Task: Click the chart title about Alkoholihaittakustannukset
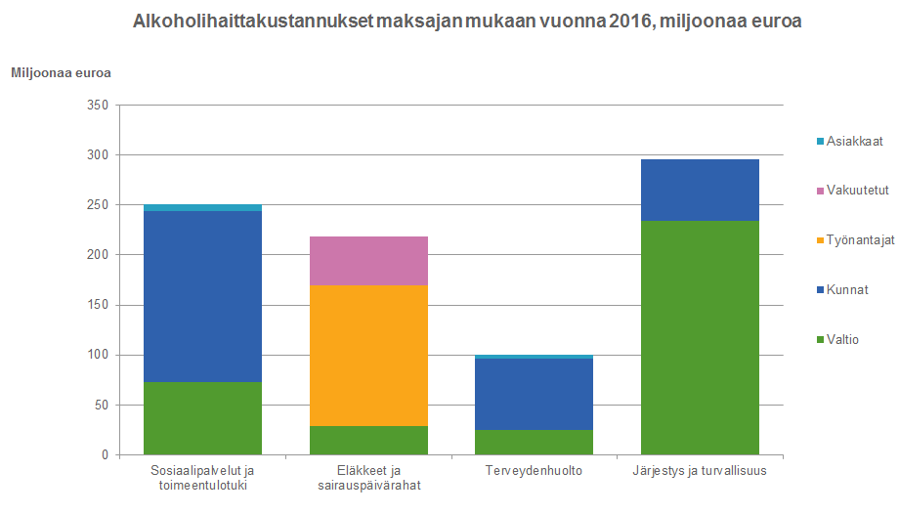(467, 21)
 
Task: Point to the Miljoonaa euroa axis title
(61, 73)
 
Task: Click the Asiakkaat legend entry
(855, 141)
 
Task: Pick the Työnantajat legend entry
(860, 239)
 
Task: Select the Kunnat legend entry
(847, 289)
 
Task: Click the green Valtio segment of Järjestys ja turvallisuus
(700, 337)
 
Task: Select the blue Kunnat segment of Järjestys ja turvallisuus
(700, 190)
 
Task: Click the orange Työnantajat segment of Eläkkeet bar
(368, 355)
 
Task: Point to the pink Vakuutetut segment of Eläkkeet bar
(368, 260)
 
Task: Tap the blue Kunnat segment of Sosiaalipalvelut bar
(202, 296)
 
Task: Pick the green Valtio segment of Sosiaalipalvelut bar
(202, 418)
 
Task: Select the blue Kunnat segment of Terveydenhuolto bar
(534, 394)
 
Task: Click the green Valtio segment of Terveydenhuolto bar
(534, 442)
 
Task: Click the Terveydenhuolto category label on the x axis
(534, 471)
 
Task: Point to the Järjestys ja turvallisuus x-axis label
(700, 471)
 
